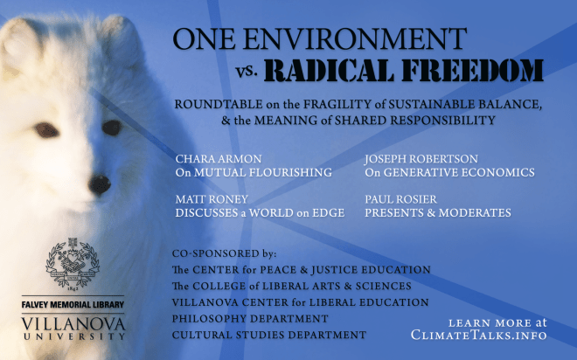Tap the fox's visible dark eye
tap(111, 128)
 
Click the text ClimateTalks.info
tap(480, 335)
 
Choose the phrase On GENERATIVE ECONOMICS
tap(448, 173)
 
